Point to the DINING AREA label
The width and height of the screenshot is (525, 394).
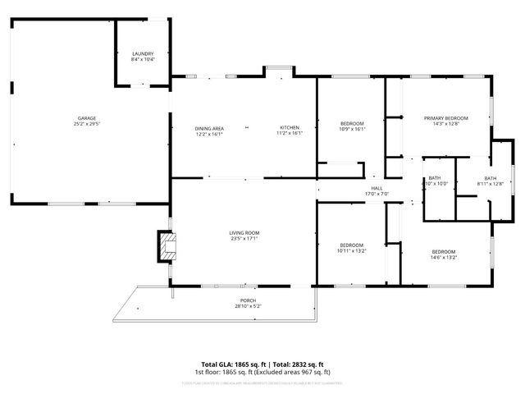click(x=209, y=128)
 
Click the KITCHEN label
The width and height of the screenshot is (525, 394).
click(x=290, y=128)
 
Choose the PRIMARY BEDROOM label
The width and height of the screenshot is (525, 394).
click(x=446, y=118)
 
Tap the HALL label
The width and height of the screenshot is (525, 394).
click(x=377, y=188)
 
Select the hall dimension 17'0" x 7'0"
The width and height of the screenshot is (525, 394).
click(x=377, y=195)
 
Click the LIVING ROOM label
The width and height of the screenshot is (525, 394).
click(x=244, y=233)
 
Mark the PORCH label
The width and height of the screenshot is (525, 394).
click(x=248, y=300)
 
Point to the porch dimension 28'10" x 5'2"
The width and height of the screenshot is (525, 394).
click(x=248, y=307)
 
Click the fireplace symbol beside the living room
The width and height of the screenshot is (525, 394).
click(x=168, y=245)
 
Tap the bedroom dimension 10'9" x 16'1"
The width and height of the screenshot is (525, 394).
click(x=352, y=129)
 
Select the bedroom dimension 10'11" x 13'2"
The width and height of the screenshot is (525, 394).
click(x=352, y=251)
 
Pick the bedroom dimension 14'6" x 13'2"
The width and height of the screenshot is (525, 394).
click(x=444, y=257)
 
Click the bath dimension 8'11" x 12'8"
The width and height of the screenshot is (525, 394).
click(x=490, y=184)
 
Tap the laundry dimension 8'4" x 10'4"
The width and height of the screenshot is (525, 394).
click(x=143, y=59)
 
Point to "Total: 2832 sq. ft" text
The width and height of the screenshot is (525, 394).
click(x=298, y=364)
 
